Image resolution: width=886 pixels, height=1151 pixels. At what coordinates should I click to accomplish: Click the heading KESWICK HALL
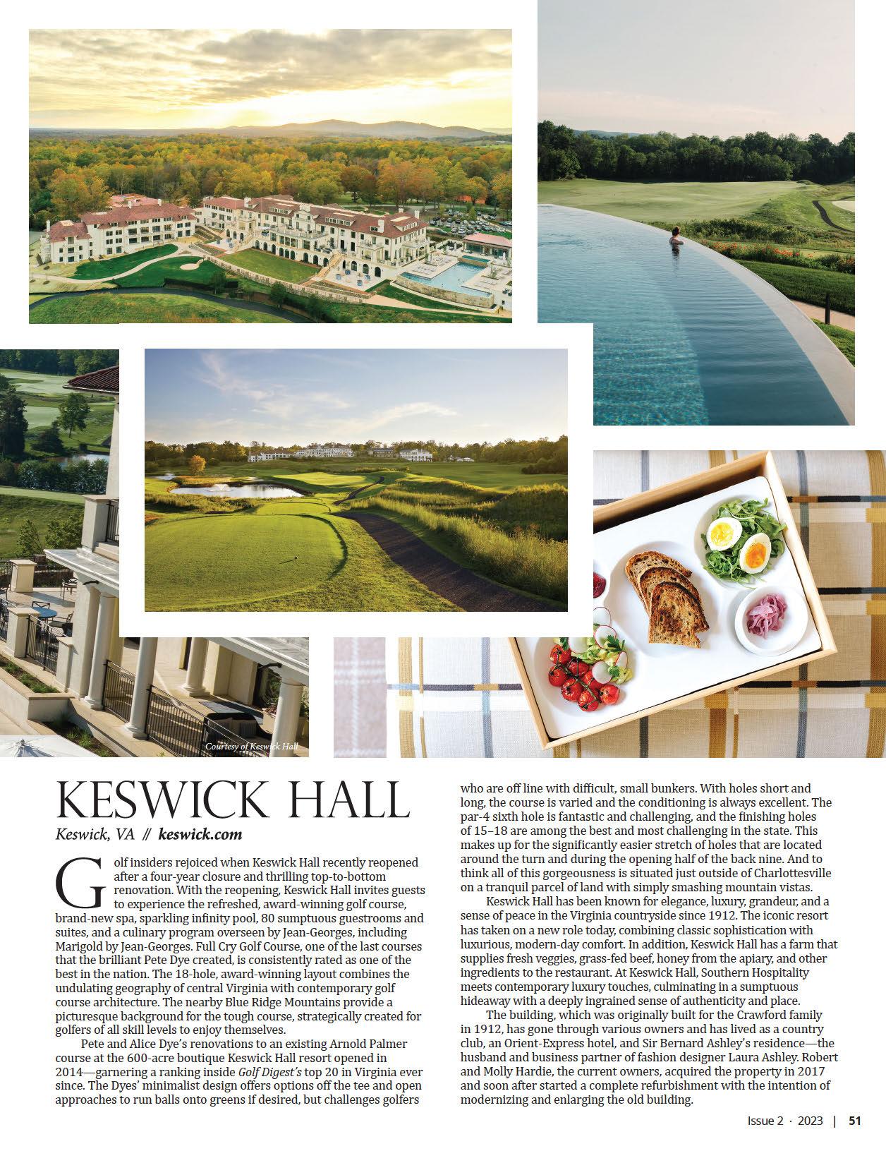click(x=233, y=800)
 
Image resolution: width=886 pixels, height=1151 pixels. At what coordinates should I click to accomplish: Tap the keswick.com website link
click(x=200, y=834)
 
